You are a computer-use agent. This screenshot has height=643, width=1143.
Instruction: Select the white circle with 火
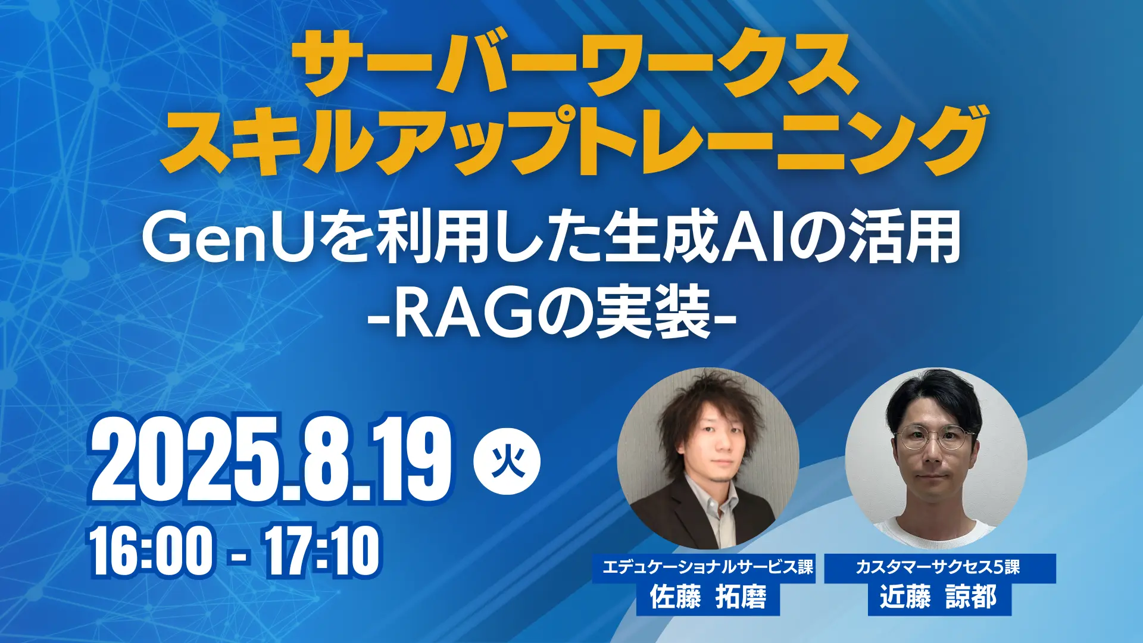pos(507,462)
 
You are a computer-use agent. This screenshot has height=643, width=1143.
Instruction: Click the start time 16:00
pos(151,551)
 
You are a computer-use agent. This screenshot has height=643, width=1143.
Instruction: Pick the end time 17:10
pos(322,551)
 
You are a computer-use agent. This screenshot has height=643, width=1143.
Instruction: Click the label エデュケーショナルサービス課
pos(707,567)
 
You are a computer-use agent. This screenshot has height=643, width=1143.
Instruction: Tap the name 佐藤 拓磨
pos(708,597)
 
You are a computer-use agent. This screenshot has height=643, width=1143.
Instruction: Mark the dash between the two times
pos(239,556)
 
